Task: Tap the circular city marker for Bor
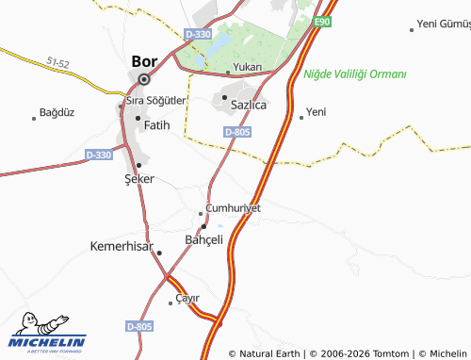(x=143, y=80)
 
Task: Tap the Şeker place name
(x=139, y=178)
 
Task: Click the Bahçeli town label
(x=203, y=240)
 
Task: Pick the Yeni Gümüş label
(x=444, y=23)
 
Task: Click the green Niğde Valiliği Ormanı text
(x=355, y=74)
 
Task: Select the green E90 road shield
(x=323, y=21)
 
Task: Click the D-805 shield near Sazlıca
(x=237, y=132)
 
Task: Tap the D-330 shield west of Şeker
(x=98, y=155)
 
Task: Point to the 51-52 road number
(x=57, y=63)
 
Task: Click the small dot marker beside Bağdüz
(x=34, y=118)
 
